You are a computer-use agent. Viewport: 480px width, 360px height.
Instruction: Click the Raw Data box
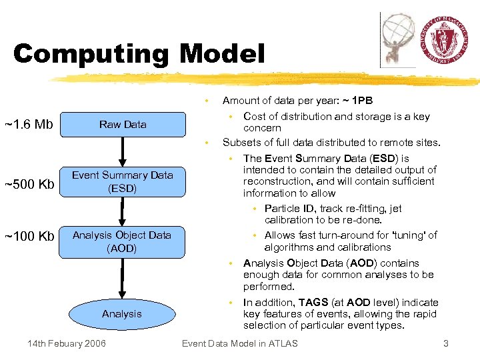(123, 125)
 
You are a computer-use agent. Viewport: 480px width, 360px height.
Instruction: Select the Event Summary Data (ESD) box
(123, 181)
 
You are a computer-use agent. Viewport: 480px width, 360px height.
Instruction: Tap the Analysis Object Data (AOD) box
(122, 241)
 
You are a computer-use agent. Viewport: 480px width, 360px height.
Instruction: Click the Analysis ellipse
(122, 313)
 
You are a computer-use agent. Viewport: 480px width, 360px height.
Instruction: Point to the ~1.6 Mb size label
(29, 124)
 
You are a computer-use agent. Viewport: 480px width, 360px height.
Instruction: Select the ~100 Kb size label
(29, 236)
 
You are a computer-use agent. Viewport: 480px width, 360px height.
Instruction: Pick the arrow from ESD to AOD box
(123, 212)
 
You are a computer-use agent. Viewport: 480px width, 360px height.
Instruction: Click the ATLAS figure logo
(399, 40)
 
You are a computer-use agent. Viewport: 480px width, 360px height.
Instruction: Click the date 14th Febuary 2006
(66, 343)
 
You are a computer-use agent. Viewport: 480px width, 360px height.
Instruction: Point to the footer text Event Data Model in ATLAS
(240, 343)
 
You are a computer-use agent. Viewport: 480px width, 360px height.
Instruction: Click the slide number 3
(446, 343)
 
